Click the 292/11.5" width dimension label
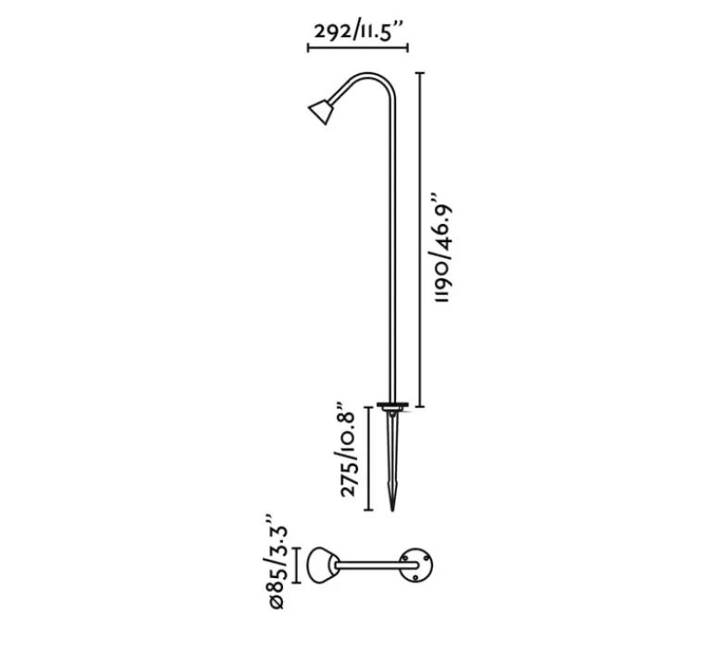(x=359, y=31)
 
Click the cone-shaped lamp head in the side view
(x=320, y=112)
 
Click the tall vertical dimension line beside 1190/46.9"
(x=423, y=240)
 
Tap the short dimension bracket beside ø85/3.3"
(x=296, y=565)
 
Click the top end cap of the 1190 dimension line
(x=423, y=73)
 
